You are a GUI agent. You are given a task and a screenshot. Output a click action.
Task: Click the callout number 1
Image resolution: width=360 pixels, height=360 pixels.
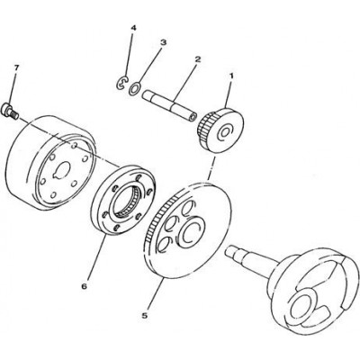pos(231,76)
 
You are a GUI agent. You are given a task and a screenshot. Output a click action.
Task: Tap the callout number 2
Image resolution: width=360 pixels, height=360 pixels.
pos(197,58)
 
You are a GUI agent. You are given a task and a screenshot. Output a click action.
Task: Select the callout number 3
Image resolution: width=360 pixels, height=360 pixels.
pos(163,42)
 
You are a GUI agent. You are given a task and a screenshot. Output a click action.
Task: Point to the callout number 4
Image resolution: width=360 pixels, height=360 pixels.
pos(133,28)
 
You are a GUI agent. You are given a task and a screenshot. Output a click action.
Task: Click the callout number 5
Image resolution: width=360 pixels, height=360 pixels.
pos(145,315)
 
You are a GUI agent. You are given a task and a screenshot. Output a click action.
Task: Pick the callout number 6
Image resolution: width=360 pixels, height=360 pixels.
pos(84,286)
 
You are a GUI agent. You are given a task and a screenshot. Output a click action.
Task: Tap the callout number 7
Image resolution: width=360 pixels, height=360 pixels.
pos(16,68)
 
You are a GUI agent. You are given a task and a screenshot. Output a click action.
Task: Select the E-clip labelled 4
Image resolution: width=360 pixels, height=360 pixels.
pos(122,83)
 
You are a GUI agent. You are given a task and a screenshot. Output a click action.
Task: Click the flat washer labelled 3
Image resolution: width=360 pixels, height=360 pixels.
pos(134,89)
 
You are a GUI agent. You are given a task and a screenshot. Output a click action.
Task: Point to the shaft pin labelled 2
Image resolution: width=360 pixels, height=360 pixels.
pos(170,105)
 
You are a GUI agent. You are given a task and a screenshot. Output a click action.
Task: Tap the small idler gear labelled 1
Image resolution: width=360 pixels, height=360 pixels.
pos(220,130)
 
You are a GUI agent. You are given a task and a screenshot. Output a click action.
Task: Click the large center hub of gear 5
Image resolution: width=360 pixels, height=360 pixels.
pos(191,230)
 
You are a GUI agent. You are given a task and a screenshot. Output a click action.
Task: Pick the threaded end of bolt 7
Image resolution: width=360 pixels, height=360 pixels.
pos(13,114)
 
